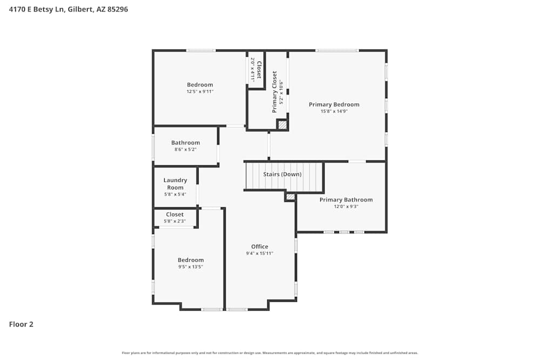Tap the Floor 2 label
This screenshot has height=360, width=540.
pyautogui.click(x=21, y=324)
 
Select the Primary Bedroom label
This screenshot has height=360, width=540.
pyautogui.click(x=334, y=105)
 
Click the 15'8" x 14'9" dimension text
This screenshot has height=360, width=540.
pyautogui.click(x=334, y=111)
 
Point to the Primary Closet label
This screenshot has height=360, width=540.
pyautogui.click(x=274, y=92)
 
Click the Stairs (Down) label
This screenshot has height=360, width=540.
pyautogui.click(x=282, y=174)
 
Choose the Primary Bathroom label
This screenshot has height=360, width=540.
pyautogui.click(x=346, y=200)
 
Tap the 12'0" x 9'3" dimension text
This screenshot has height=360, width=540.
pyautogui.click(x=346, y=206)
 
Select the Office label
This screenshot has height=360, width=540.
pyautogui.click(x=260, y=247)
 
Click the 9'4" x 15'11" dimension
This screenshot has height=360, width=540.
pyautogui.click(x=260, y=253)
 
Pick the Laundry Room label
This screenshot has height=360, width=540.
pyautogui.click(x=175, y=184)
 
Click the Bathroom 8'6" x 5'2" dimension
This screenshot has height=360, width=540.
pyautogui.click(x=185, y=150)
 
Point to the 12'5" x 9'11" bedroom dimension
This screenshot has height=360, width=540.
pyautogui.click(x=200, y=91)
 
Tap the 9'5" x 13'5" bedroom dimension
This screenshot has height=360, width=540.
pyautogui.click(x=191, y=267)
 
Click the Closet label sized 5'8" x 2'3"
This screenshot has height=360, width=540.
pyautogui.click(x=174, y=214)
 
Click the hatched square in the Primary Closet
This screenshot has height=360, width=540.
pyautogui.click(x=282, y=125)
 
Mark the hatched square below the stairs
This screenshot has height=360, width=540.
pyautogui.click(x=291, y=197)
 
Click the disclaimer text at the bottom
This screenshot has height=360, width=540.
pyautogui.click(x=270, y=353)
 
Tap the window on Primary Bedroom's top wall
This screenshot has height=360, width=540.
pyautogui.click(x=337, y=51)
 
